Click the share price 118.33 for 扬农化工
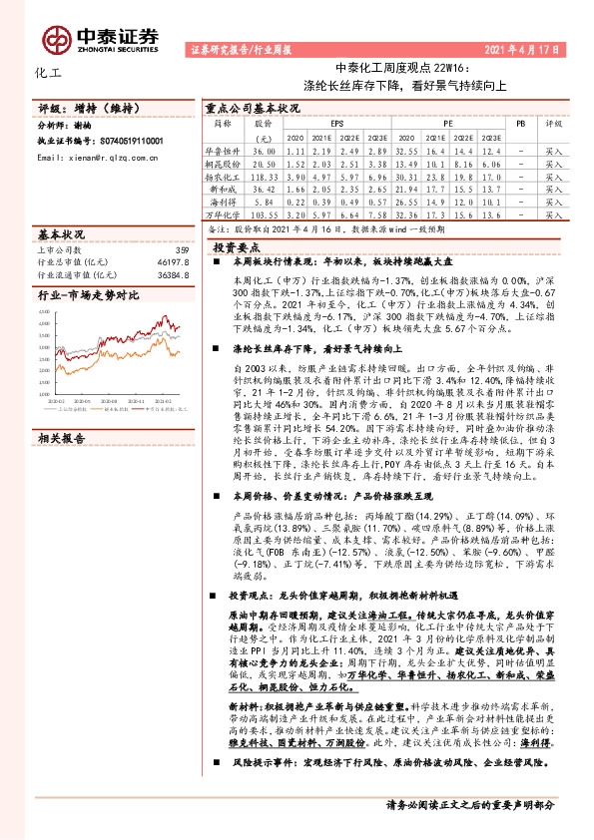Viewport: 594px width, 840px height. (264, 175)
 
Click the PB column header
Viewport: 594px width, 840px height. (520, 124)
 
